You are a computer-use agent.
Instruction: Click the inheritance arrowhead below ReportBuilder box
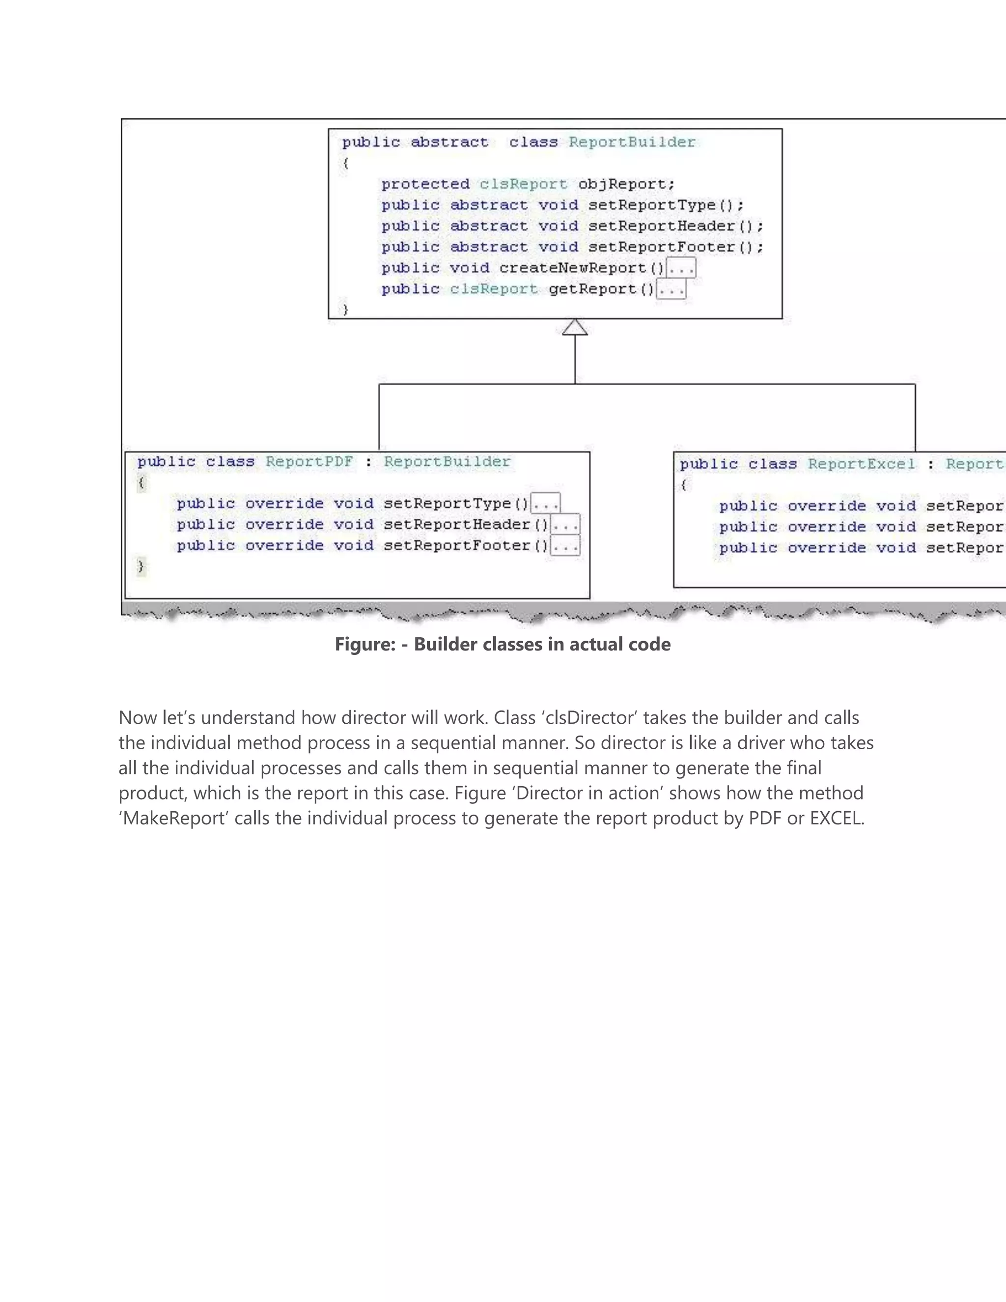[575, 327]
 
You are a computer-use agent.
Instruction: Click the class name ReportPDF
[309, 462]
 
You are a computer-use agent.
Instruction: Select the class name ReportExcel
[861, 464]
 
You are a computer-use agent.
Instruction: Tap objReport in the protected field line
[622, 184]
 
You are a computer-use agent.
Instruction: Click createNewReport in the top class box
[572, 268]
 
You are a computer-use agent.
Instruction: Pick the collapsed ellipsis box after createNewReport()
[681, 268]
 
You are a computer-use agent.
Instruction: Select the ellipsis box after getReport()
[671, 290]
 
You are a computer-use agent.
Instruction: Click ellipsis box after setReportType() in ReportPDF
[545, 504]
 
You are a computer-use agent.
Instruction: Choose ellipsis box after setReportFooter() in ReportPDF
[565, 545]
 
